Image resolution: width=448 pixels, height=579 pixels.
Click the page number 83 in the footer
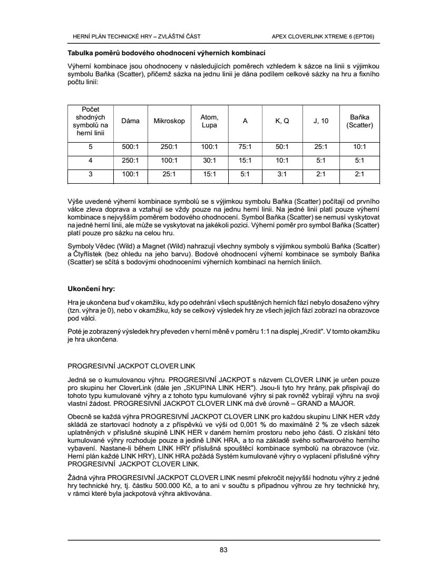click(x=223, y=550)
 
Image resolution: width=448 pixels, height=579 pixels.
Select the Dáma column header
click(x=130, y=121)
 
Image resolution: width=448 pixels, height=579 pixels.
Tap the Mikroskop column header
click(x=169, y=121)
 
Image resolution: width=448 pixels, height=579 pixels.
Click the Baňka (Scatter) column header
click(x=359, y=121)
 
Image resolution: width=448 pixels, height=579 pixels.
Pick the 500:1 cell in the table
click(x=130, y=147)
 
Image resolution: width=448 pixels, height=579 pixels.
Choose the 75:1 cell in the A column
click(x=245, y=147)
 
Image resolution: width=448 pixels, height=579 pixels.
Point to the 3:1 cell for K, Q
click(x=282, y=173)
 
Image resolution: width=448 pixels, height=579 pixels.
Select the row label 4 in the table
click(x=91, y=160)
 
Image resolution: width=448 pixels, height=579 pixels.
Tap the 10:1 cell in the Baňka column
click(x=359, y=147)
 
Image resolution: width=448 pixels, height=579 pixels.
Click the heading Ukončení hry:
click(x=91, y=289)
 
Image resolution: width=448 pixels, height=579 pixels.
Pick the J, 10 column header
click(x=320, y=121)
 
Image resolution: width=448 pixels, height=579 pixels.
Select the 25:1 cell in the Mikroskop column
click(x=169, y=173)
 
